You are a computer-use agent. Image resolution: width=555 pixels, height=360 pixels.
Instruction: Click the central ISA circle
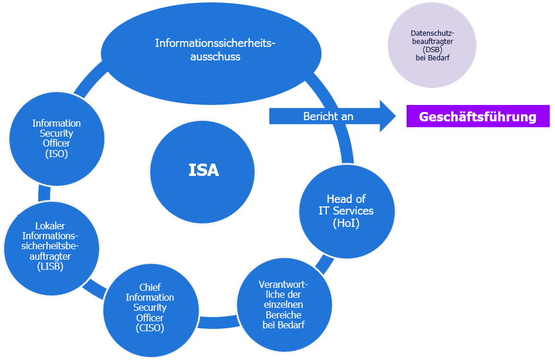pos(203,171)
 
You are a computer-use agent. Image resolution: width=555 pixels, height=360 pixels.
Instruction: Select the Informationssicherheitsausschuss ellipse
pos(211,53)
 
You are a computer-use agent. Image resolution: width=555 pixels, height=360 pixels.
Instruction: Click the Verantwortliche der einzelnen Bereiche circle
pos(285,305)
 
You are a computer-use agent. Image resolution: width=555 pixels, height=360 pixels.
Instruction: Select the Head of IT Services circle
pos(346,210)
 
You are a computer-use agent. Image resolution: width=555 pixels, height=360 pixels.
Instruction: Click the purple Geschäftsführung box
pos(478,117)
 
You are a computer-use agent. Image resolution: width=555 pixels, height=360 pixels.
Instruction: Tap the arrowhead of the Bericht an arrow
pos(388,116)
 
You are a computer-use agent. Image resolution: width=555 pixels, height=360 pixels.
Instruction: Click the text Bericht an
pos(328,117)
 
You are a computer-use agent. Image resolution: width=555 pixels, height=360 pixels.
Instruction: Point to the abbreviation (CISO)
pos(150,328)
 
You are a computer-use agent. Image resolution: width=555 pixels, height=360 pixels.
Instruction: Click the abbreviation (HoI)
pos(346,223)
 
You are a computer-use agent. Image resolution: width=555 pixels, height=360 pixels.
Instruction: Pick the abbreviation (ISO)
pos(56,154)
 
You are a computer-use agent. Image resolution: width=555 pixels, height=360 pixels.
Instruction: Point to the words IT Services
pos(346,210)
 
